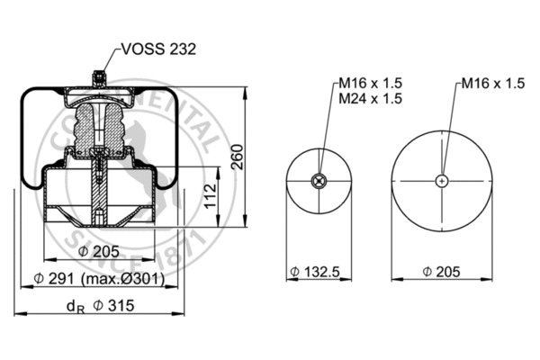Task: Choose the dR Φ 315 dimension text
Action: click(102, 306)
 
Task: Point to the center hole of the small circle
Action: click(316, 181)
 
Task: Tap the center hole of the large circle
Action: click(440, 181)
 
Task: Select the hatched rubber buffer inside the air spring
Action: click(100, 130)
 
